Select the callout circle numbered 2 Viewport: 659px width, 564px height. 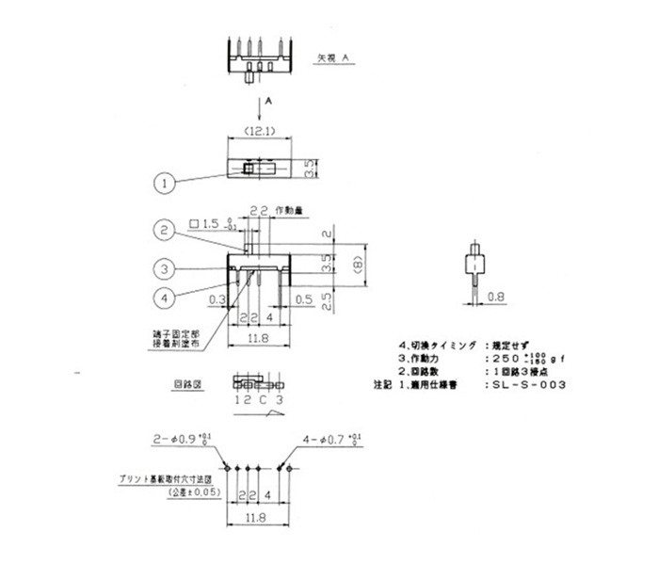coord(165,230)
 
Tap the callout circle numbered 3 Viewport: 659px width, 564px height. coord(165,269)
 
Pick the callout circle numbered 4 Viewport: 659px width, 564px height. coord(165,298)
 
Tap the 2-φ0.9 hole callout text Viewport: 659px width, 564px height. coord(177,439)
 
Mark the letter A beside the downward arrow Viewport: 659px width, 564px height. coord(268,99)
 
